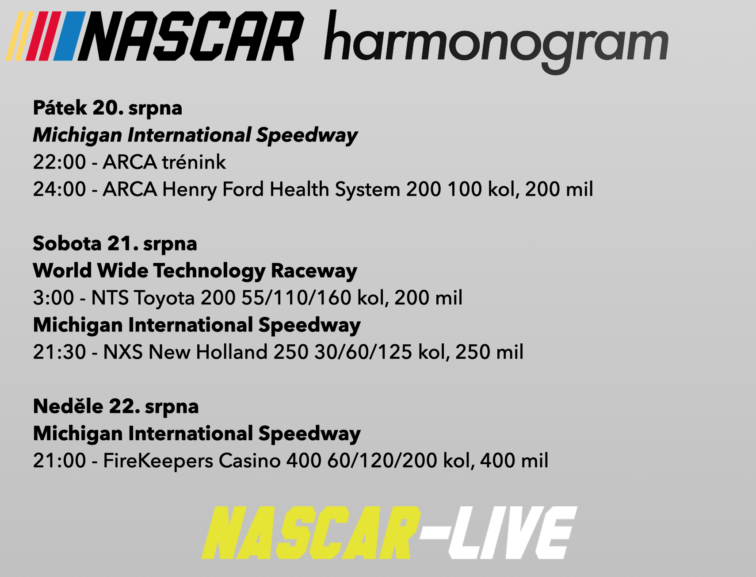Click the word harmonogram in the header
coord(496,42)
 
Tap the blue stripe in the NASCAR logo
coord(69,36)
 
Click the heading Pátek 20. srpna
coord(107,108)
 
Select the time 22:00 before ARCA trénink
coord(59,162)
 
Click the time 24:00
coord(59,189)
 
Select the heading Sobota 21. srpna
coord(115,244)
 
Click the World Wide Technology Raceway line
coord(195,271)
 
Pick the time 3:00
coord(53,298)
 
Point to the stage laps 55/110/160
coord(296,298)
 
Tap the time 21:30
coord(59,352)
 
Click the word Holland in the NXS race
coord(232,352)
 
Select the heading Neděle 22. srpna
coord(116,407)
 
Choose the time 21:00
coord(59,461)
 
